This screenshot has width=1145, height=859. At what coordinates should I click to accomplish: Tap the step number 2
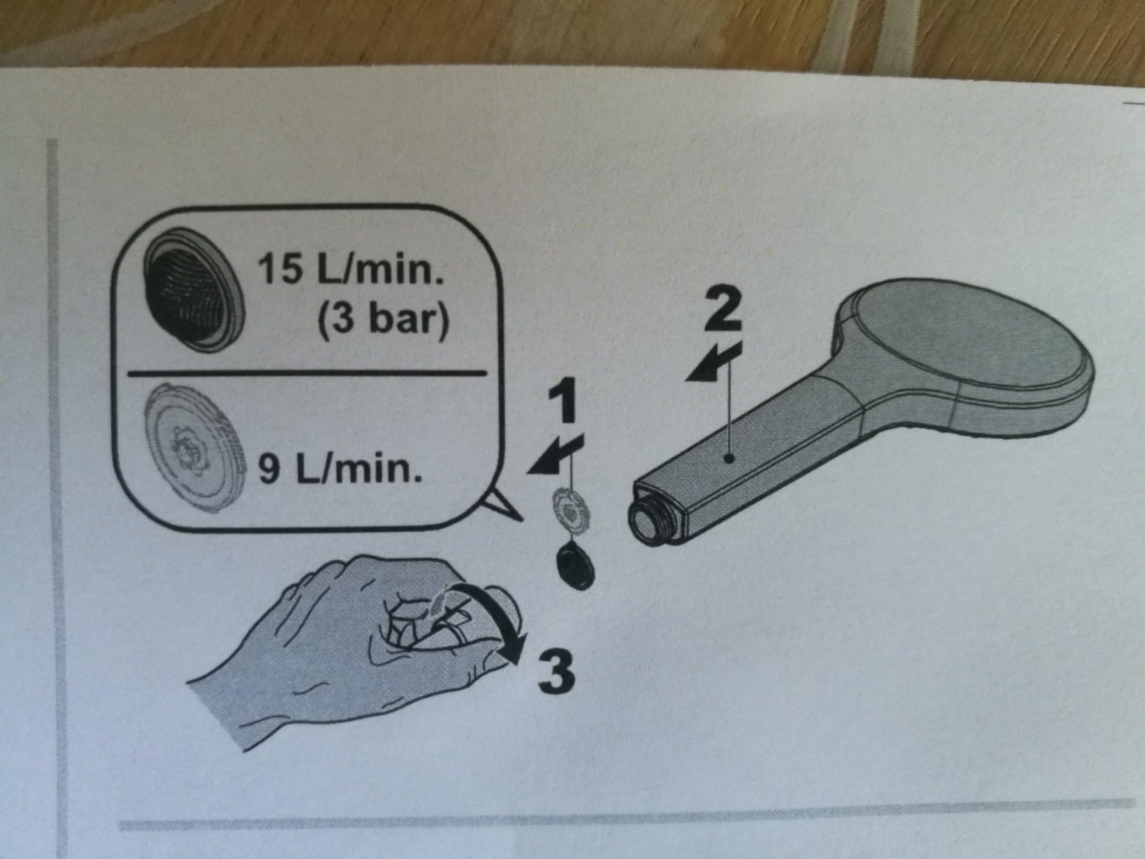coord(723,309)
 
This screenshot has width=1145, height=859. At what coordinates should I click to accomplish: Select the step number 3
coord(556,671)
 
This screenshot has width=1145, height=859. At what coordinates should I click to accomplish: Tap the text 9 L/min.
coord(340,470)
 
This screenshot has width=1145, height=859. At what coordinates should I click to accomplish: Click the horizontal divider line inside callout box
coord(307,373)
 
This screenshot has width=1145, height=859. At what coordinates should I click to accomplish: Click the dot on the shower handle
coord(731,458)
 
